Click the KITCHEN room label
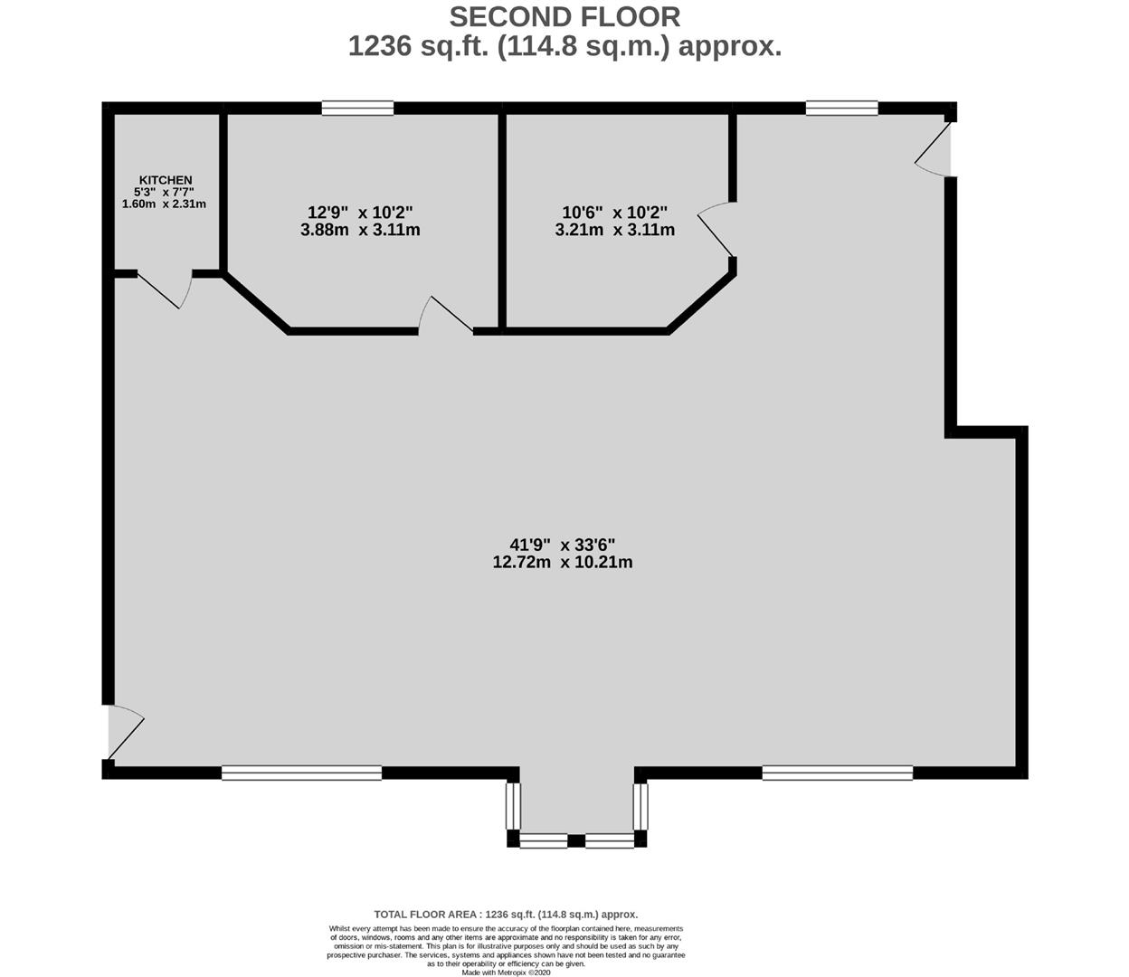[166, 180]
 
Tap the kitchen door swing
[165, 289]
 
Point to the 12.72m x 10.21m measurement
[563, 562]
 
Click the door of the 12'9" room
[446, 315]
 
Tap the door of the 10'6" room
[716, 229]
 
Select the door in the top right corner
[934, 149]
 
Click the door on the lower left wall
[126, 733]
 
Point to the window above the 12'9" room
[357, 109]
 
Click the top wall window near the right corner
[841, 109]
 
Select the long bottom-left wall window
[301, 773]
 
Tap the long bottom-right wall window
[838, 773]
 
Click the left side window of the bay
[513, 807]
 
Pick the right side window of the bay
[640, 807]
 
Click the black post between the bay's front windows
[576, 840]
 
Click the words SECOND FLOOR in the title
[564, 17]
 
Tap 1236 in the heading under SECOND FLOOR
[380, 46]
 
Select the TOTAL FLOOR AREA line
[506, 915]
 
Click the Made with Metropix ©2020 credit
[506, 972]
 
